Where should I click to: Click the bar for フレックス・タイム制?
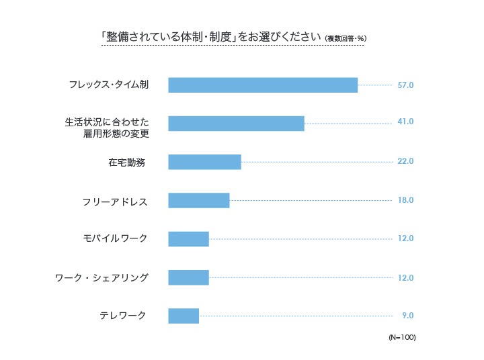262,85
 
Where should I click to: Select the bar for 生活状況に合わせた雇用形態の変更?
236,124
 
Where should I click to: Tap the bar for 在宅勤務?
204,162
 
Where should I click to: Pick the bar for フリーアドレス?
198,200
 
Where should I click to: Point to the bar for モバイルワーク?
188,239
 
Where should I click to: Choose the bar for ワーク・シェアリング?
188,277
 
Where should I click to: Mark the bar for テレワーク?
184,316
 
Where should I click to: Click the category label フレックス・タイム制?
108,85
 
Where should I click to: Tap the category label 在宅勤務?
126,162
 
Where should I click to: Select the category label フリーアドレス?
114,201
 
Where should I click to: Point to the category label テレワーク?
122,316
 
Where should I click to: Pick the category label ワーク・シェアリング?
102,277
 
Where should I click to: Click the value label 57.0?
405,85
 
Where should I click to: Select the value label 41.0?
405,122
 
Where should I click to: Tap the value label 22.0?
405,162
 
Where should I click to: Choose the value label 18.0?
405,200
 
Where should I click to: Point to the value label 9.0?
407,316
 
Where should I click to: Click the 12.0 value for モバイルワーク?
405,238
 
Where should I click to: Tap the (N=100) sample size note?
402,337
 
